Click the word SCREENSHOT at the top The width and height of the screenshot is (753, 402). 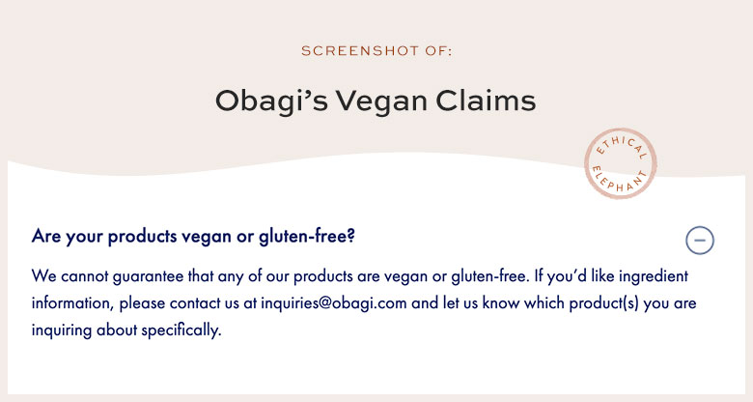(x=360, y=50)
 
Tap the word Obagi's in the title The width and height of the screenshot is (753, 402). (x=271, y=101)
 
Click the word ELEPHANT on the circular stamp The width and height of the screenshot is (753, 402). (x=620, y=181)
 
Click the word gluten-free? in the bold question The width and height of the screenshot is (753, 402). (x=306, y=236)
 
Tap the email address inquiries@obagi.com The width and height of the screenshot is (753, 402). (x=334, y=303)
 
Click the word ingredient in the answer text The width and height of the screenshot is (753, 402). (x=654, y=276)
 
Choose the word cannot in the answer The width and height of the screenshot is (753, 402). (x=85, y=276)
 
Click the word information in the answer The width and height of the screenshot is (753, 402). (x=71, y=303)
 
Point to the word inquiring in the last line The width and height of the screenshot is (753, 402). (x=62, y=330)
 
